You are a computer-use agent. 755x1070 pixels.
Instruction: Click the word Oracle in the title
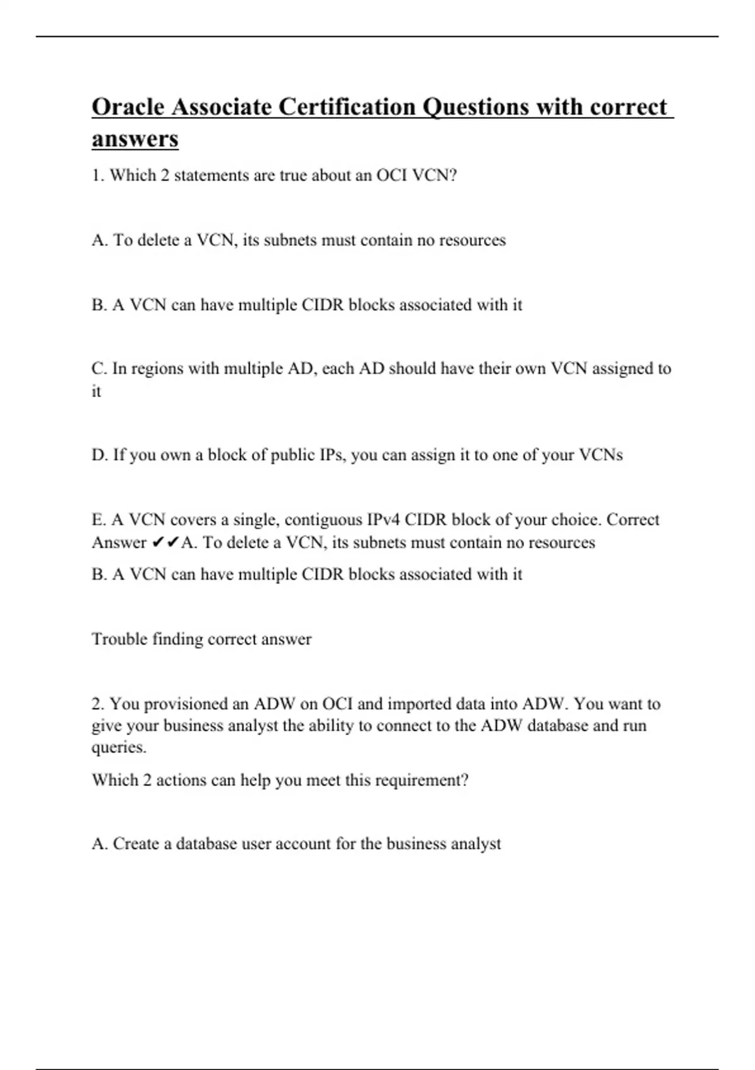coord(128,107)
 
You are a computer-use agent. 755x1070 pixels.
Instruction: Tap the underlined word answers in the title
coord(135,138)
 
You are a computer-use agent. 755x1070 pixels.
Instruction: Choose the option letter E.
coord(98,520)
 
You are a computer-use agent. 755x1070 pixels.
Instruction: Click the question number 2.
coord(97,704)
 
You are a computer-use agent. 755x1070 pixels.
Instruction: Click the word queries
coord(118,748)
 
